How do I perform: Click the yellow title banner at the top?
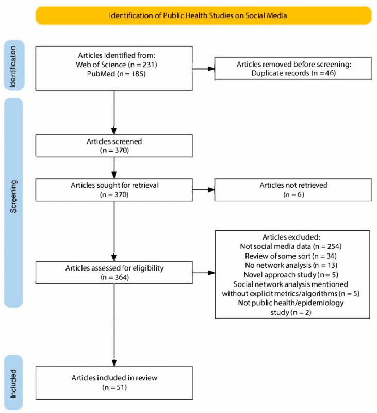point(203,15)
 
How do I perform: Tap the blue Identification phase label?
point(14,66)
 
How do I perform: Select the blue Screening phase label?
point(13,202)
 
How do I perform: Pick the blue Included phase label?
point(13,383)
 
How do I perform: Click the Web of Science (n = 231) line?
point(116,65)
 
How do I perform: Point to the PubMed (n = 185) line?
point(116,74)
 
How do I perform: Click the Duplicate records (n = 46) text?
point(293,73)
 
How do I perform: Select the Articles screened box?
point(114,146)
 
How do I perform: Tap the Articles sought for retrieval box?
point(114,190)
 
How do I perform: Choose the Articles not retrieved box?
point(293,190)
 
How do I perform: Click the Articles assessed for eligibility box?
point(114,273)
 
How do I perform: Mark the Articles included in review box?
point(114,383)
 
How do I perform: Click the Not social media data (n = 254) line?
point(291,247)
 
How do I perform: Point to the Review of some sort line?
point(291,256)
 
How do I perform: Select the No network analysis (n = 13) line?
point(291,265)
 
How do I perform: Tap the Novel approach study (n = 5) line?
point(291,275)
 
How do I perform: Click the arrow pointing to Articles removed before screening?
point(204,69)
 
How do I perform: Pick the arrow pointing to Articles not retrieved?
point(204,189)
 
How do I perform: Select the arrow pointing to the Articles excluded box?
point(204,273)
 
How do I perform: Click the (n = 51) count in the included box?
point(114,388)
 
